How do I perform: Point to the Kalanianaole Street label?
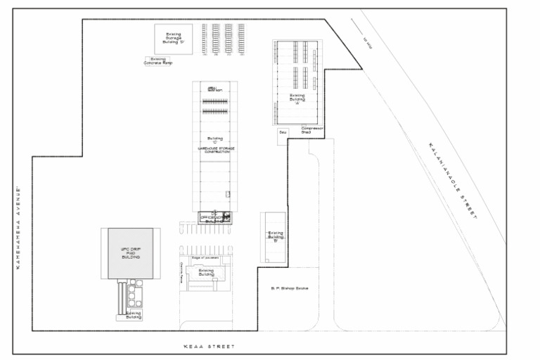tap(452, 181)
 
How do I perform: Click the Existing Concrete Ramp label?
tap(158, 61)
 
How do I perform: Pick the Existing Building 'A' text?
tap(297, 98)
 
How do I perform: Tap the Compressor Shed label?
tap(311, 130)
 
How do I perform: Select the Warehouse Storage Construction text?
tap(215, 151)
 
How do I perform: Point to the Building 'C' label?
tap(215, 140)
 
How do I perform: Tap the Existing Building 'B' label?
tap(275, 236)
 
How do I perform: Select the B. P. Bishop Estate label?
tap(290, 288)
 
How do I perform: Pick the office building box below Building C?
tap(214, 217)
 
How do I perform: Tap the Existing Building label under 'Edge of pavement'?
tap(206, 272)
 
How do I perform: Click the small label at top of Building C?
tap(215, 89)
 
